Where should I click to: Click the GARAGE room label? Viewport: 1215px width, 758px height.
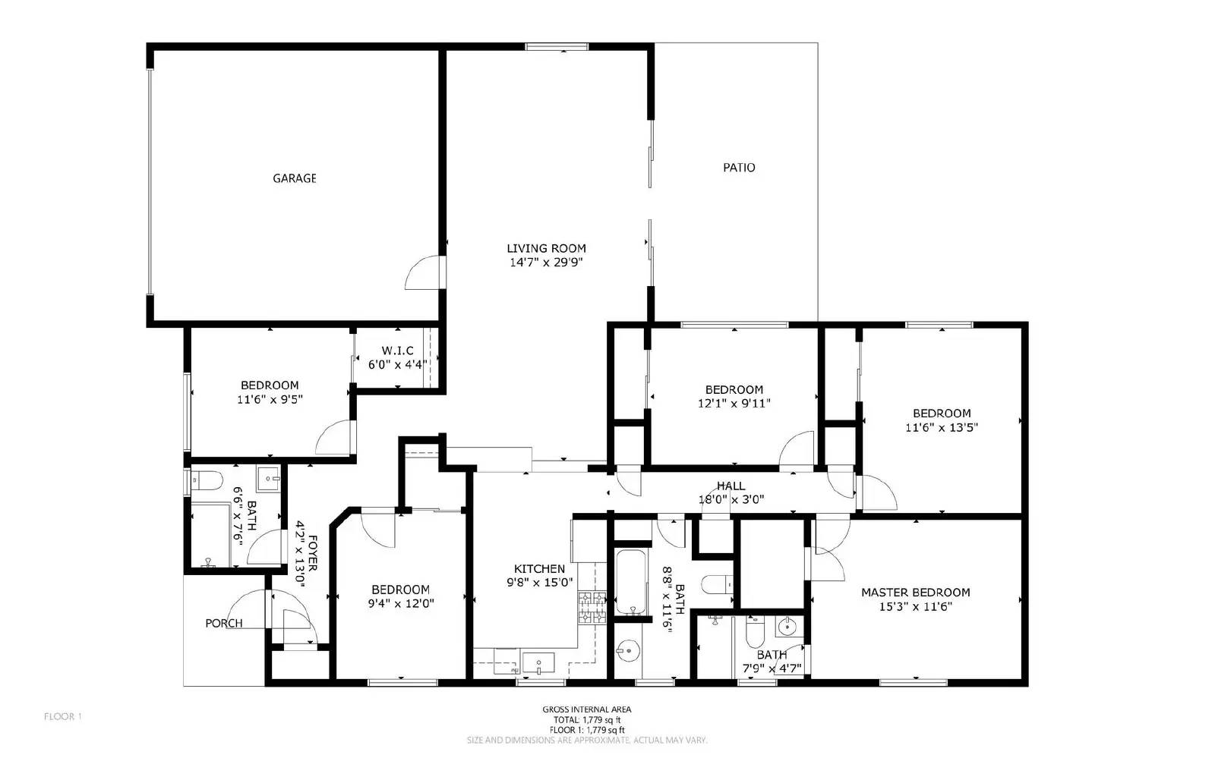[295, 178]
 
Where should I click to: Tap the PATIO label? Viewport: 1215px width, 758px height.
[739, 168]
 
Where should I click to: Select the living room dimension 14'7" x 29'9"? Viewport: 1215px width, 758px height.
[547, 263]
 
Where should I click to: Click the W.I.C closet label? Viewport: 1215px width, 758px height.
[397, 351]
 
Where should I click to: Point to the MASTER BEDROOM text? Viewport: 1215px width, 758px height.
[915, 593]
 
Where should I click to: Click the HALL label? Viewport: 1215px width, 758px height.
[731, 486]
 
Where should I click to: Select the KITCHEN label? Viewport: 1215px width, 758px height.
[539, 569]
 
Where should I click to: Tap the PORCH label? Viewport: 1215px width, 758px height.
[224, 624]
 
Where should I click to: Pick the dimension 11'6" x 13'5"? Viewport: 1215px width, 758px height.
[942, 427]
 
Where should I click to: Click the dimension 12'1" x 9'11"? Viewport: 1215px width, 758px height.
[734, 404]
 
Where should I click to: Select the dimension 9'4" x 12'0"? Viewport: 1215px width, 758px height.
[400, 604]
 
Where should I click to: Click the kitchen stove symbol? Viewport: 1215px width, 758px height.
[592, 608]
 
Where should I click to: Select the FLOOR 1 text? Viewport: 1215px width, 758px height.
[62, 716]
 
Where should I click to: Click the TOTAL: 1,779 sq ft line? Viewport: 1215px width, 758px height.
[586, 719]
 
